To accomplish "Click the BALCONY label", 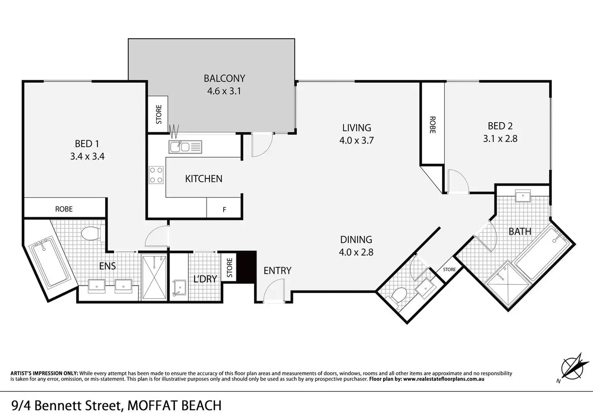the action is click(x=224, y=78).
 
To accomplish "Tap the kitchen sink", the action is click(x=185, y=147).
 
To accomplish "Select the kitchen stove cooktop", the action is click(x=156, y=175).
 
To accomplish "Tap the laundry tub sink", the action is click(x=179, y=288).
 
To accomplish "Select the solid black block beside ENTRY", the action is click(x=246, y=267).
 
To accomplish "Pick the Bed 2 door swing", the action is click(x=458, y=181).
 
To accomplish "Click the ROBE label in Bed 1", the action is click(x=64, y=209).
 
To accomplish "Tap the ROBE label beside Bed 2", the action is click(x=432, y=125).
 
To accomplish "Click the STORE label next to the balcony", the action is click(x=159, y=114).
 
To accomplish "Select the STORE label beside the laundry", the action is click(x=230, y=268).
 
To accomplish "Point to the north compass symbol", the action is click(x=572, y=368).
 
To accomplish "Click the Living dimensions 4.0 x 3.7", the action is click(x=357, y=140).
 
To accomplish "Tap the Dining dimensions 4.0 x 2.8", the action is click(x=356, y=252).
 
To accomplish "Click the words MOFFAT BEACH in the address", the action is click(x=174, y=406).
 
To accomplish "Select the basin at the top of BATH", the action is click(x=523, y=196).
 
